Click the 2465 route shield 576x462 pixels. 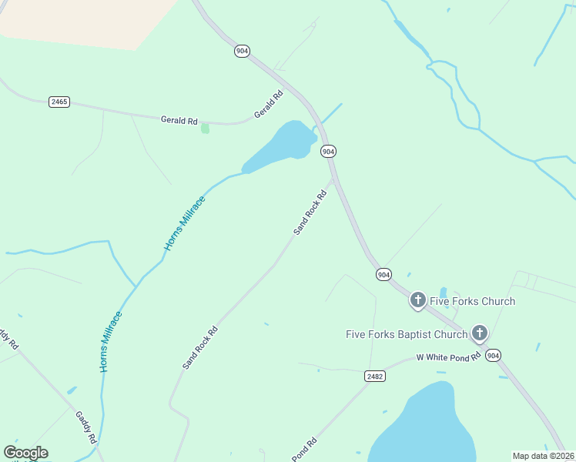coord(59,102)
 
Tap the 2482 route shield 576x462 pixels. coord(374,376)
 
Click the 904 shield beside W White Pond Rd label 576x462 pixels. coord(494,355)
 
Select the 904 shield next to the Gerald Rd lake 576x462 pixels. coord(329,151)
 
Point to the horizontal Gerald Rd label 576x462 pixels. coord(179,121)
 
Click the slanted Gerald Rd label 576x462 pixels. coord(269,105)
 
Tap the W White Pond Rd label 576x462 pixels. coord(448,357)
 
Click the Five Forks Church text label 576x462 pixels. coord(472,301)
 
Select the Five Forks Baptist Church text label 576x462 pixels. coord(407,334)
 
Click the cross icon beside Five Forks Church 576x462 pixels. coord(417,300)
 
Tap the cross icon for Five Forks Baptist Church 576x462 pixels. coord(479,333)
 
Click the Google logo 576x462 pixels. coord(25,453)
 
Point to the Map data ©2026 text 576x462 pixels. coord(543,456)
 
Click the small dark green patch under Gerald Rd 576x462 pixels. coord(205,128)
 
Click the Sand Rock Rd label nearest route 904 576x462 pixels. coord(310,212)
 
